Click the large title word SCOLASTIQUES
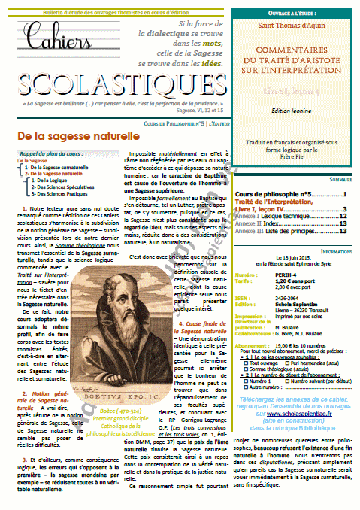(x=112, y=80)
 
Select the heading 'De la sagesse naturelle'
(x=68, y=115)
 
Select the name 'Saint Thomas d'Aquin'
(x=289, y=28)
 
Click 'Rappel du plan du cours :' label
(x=52, y=132)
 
